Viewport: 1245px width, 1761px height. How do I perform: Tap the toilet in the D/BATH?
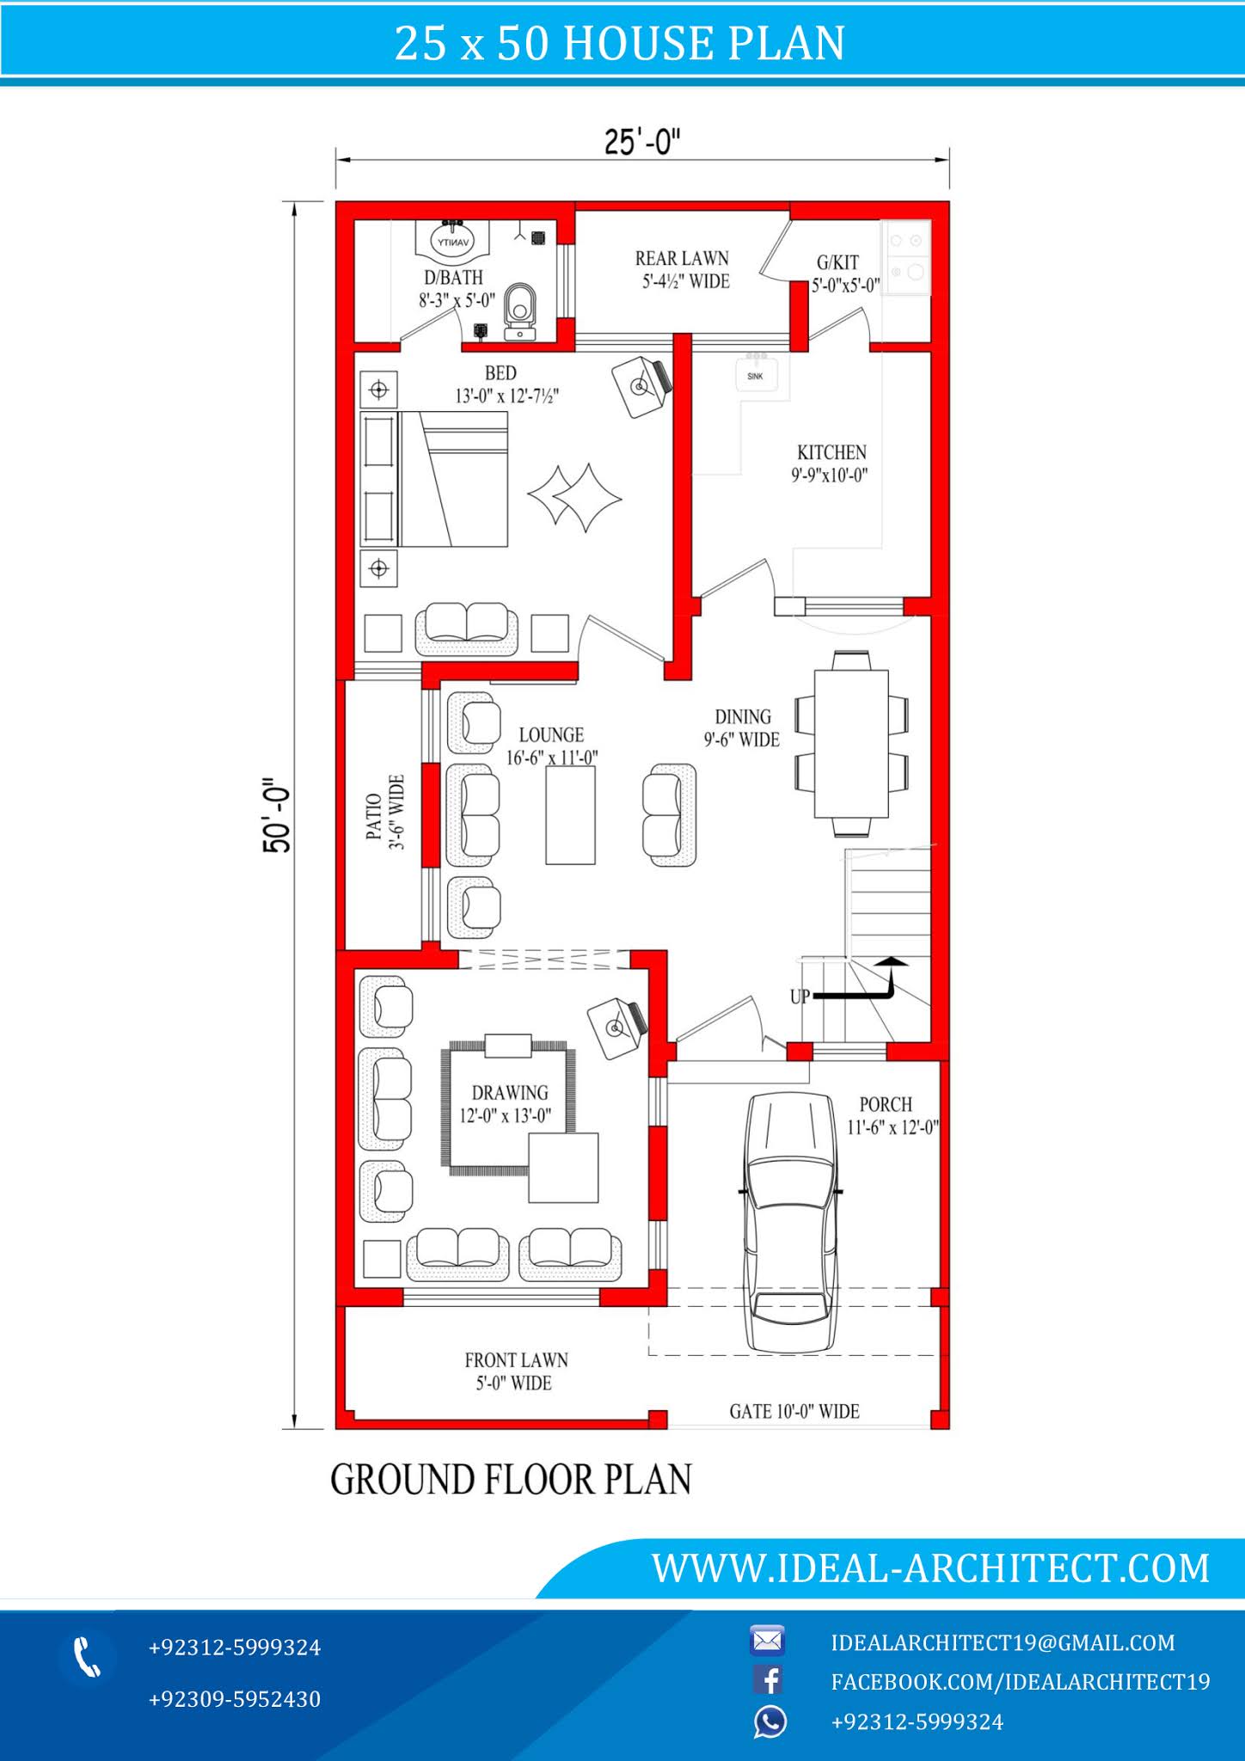pyautogui.click(x=519, y=308)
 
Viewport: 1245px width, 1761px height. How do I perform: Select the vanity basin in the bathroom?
pyautogui.click(x=453, y=240)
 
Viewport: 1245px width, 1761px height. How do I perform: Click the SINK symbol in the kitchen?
pyautogui.click(x=756, y=375)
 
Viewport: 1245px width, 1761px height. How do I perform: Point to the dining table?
pyautogui.click(x=851, y=744)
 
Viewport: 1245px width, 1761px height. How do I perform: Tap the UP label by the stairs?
pyautogui.click(x=800, y=997)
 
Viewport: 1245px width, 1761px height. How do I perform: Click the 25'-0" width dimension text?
pyautogui.click(x=641, y=142)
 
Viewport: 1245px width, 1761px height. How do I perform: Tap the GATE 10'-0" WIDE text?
pyautogui.click(x=794, y=1411)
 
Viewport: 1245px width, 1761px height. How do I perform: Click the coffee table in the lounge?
pyautogui.click(x=570, y=814)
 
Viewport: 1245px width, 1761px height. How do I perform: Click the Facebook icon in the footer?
pyautogui.click(x=768, y=1680)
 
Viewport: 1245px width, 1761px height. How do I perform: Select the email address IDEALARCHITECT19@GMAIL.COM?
pyautogui.click(x=1002, y=1642)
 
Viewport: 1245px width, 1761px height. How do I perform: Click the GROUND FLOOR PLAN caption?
pyautogui.click(x=511, y=1480)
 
